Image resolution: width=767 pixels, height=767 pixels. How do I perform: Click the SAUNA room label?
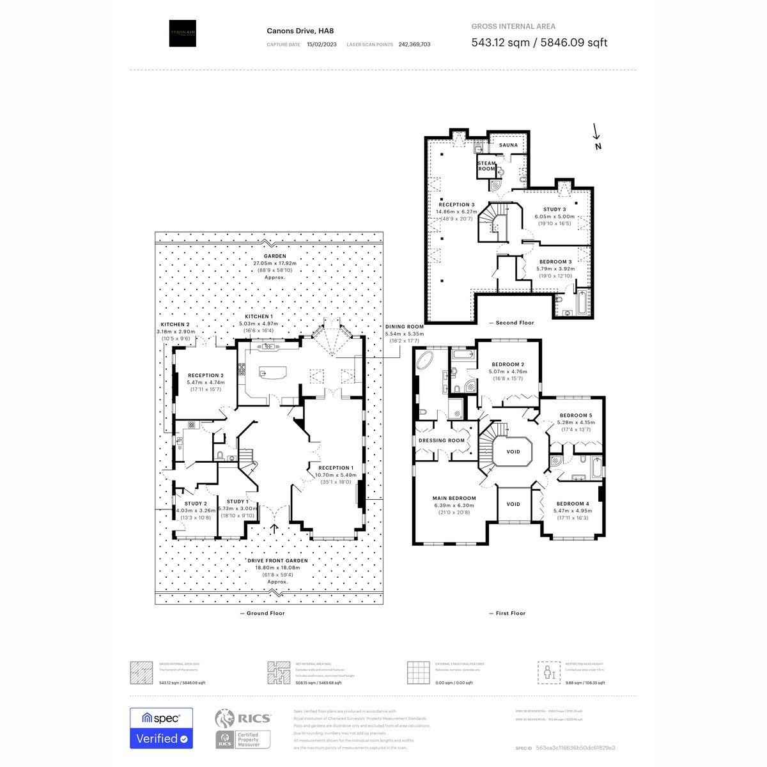click(x=508, y=145)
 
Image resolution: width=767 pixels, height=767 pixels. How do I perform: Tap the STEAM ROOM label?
click(x=486, y=166)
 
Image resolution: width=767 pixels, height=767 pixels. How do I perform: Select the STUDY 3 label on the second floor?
click(x=554, y=210)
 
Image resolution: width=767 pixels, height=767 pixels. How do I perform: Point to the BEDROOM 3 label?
click(x=555, y=262)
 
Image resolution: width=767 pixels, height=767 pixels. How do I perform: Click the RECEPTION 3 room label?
click(x=456, y=205)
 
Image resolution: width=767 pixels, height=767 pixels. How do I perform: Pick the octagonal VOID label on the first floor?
click(x=513, y=452)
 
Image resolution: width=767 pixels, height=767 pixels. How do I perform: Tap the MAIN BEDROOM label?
click(x=454, y=499)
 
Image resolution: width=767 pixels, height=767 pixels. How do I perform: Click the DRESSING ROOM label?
click(x=441, y=440)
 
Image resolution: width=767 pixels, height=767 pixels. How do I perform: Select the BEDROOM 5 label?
click(x=575, y=415)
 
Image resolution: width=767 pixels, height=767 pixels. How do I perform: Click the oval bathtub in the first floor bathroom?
click(x=425, y=362)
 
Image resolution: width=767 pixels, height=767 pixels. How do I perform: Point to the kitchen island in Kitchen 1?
click(x=268, y=372)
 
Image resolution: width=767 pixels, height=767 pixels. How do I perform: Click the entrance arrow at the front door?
click(x=275, y=529)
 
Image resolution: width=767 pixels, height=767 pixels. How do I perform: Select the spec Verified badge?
click(x=161, y=728)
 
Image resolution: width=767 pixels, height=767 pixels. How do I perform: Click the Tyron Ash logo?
click(x=182, y=33)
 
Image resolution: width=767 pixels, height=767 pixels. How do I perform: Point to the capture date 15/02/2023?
click(x=321, y=45)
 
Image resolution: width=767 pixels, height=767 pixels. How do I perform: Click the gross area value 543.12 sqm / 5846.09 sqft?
click(x=539, y=43)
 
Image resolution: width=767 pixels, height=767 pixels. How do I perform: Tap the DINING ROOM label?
click(x=404, y=327)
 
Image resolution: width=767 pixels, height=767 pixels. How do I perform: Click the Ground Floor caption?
click(x=262, y=613)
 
